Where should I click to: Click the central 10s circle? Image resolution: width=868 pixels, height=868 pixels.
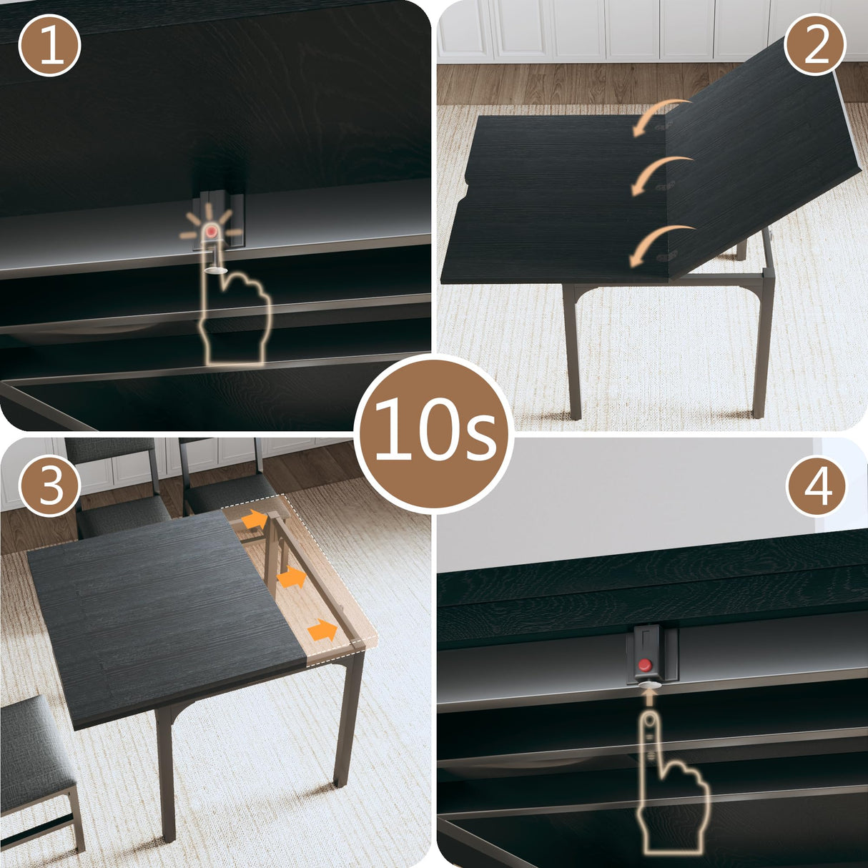tap(434, 432)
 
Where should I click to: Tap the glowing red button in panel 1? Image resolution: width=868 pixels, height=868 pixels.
tap(212, 231)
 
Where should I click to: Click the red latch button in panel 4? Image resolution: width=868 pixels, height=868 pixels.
tap(645, 665)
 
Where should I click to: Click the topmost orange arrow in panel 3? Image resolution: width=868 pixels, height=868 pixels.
tap(253, 520)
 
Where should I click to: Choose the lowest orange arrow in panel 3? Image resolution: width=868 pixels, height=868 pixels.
tap(323, 630)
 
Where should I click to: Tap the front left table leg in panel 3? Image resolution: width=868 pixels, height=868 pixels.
tap(165, 772)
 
